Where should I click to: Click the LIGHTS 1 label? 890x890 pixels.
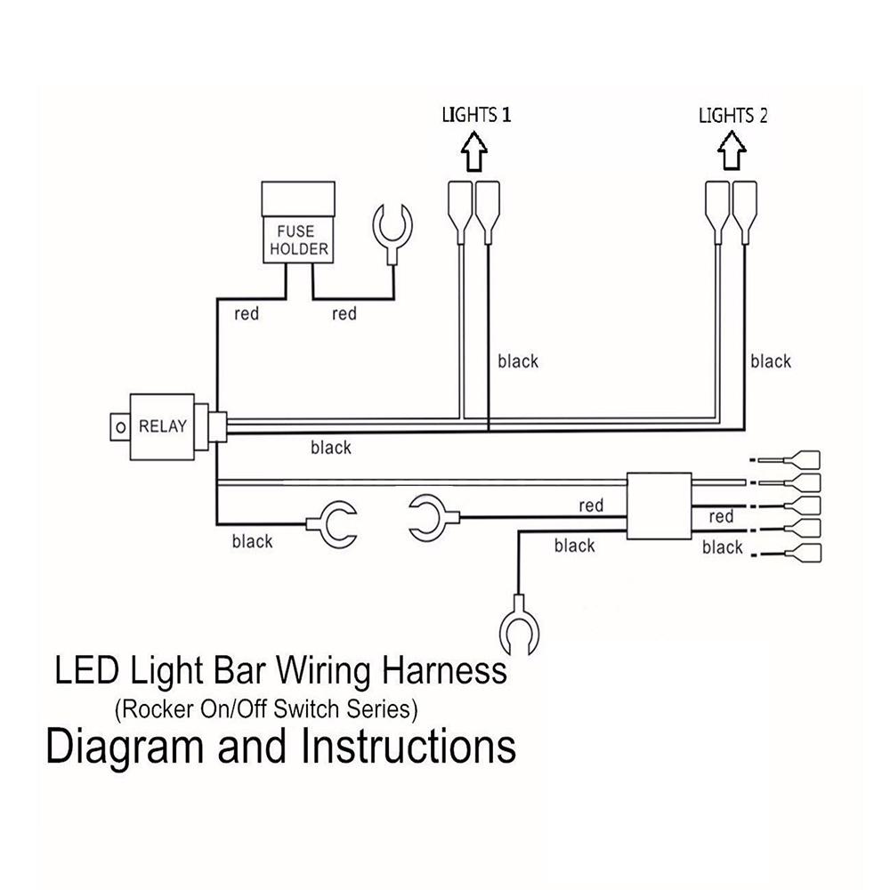[x=478, y=115]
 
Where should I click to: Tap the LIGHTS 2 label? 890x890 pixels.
[x=732, y=116]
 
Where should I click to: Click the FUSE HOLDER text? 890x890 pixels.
[x=299, y=241]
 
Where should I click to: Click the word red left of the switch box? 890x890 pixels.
[x=591, y=506]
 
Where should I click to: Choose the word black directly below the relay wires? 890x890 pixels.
[x=331, y=448]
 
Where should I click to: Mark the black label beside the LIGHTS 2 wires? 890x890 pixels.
[x=770, y=360]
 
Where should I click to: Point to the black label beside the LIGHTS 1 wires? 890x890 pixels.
[x=518, y=360]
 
